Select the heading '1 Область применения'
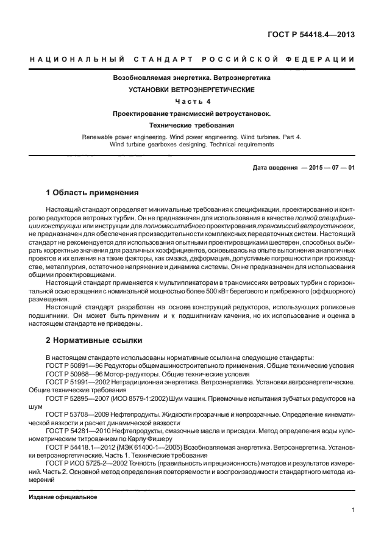(92, 192)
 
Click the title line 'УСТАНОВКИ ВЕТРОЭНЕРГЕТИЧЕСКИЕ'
(191, 90)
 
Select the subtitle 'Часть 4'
(192, 101)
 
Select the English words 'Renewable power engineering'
(121, 137)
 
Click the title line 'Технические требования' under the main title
(191, 124)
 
